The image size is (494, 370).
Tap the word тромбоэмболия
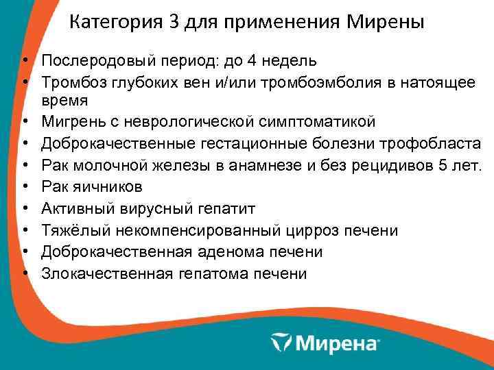pyautogui.click(x=334, y=82)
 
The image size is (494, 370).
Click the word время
pyautogui.click(x=64, y=101)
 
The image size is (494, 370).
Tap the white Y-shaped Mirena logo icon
pyautogui.click(x=282, y=342)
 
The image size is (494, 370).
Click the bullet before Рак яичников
pyautogui.click(x=24, y=186)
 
